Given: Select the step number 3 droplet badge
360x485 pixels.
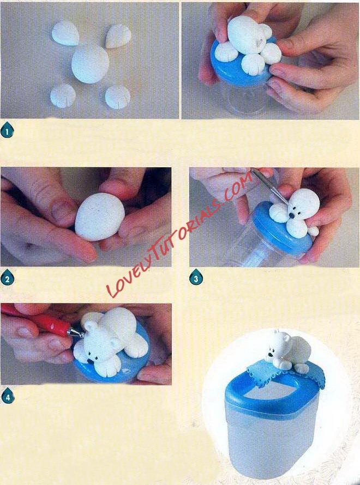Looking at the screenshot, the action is (196, 277).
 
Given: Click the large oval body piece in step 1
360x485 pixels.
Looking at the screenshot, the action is (90, 63).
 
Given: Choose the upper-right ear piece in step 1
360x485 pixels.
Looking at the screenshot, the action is (118, 36).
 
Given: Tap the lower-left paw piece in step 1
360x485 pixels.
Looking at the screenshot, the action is (63, 96).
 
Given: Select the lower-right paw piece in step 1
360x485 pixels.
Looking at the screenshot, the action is (117, 97).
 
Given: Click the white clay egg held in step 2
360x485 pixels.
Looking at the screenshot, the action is (100, 217).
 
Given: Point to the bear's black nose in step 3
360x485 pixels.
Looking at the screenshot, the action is (292, 215).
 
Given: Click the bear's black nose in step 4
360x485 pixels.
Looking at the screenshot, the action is (89, 361).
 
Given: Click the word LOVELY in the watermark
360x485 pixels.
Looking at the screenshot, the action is (129, 271).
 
